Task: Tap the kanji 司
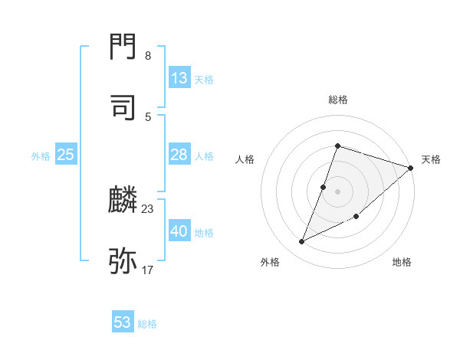coord(123,106)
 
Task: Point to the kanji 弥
coord(123,260)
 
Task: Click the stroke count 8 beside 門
coord(148,56)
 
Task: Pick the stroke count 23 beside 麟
coord(148,208)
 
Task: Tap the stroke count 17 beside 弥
coord(148,270)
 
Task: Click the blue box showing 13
coord(179,78)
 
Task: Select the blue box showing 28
coord(179,155)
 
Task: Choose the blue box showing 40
coord(179,231)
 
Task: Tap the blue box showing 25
coord(66,155)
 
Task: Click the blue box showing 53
coord(123,322)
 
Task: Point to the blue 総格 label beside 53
coord(148,324)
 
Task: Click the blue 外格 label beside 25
coord(41,156)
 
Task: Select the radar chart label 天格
coord(431,159)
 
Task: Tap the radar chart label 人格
coord(245,159)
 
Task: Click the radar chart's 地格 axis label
coord(402,262)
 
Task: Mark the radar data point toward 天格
coord(411,168)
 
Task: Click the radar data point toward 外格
coord(302,242)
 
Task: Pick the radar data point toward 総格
coord(337,146)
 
